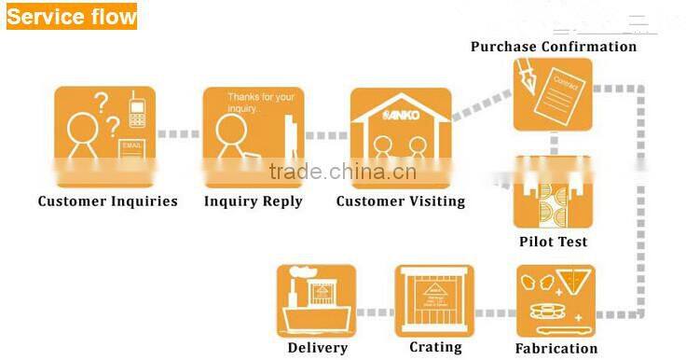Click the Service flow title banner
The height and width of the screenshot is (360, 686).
tap(71, 16)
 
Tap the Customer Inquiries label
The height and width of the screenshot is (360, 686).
tap(107, 201)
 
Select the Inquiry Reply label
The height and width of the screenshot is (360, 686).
tap(254, 201)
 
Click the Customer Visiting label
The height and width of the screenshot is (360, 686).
tap(401, 201)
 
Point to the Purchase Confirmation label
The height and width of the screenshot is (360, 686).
tap(554, 46)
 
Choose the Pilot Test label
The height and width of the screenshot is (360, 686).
tap(554, 242)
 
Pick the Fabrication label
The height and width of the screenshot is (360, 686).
tap(556, 348)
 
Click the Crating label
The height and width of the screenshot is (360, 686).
tap(435, 347)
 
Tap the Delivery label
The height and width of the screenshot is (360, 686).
tap(318, 348)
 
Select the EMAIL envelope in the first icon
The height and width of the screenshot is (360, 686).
tap(131, 146)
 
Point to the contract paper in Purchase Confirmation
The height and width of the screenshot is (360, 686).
tap(562, 94)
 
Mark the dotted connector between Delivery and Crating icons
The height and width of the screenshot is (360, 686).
tap(376, 312)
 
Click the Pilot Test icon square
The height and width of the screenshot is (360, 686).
tap(553, 201)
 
